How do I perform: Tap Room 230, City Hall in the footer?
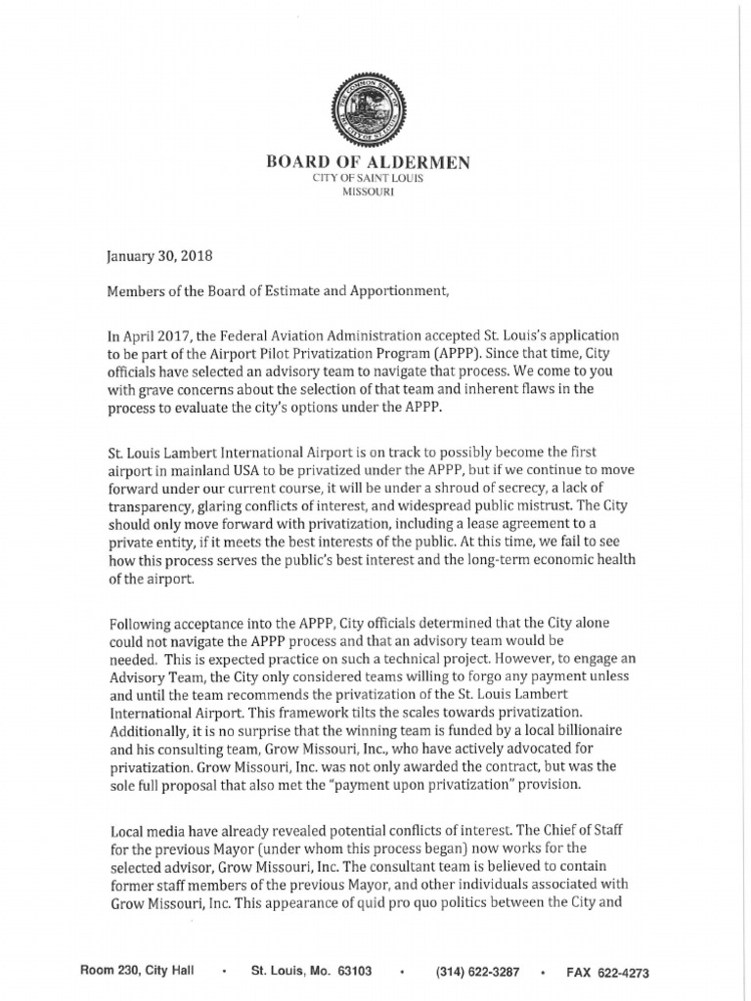click(137, 971)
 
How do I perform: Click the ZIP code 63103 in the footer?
click(352, 971)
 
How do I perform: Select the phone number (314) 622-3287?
click(478, 972)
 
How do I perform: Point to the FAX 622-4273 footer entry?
click(608, 972)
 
